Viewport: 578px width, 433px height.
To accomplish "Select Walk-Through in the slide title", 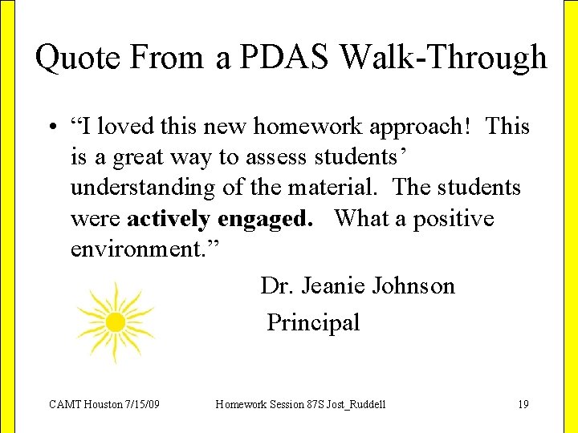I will point(444,59).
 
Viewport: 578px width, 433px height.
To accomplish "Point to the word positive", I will point(454,219).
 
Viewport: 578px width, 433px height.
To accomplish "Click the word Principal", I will point(313,323).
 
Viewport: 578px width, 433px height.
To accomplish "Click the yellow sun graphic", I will point(116,322).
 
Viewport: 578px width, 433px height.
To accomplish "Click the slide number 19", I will point(523,404).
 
